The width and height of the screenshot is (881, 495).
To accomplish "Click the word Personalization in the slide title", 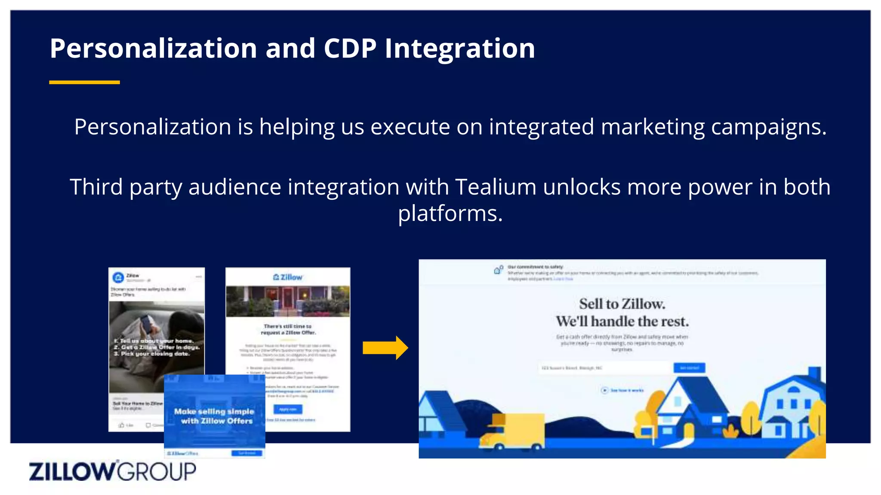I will pos(153,48).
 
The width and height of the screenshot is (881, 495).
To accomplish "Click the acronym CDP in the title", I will pos(350,48).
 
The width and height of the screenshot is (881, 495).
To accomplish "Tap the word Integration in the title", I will pos(459,48).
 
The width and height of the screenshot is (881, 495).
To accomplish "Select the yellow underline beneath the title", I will pos(84,82).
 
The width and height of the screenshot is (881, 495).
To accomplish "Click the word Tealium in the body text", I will pos(496,187).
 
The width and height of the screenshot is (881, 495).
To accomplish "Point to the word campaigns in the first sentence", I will pos(768,127).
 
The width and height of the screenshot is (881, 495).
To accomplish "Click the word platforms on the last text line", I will pos(450,214).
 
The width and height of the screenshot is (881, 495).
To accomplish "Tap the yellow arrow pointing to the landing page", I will pos(385,348).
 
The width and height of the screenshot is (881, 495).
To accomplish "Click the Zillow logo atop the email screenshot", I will pos(288,277).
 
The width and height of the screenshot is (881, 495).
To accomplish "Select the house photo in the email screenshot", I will pos(288,301).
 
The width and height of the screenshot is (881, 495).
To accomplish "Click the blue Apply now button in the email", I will pos(288,409).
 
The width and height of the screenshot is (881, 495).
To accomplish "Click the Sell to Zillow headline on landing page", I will pos(622,304).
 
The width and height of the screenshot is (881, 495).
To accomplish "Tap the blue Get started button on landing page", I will pos(689,368).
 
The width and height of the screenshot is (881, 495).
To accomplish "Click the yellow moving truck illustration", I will pos(512,432).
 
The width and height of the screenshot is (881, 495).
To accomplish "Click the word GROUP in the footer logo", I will pos(157,471).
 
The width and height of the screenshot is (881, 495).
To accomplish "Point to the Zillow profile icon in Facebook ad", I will pos(118,278).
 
